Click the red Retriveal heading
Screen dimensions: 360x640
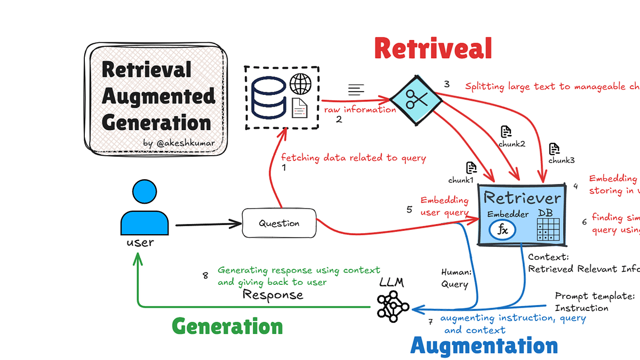pos(433,49)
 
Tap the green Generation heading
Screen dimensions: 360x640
pos(227,326)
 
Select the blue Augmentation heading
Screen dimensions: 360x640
pos(484,346)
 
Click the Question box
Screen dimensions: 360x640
pos(279,223)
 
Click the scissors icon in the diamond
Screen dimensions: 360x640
pos(414,98)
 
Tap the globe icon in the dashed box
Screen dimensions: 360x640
pos(300,84)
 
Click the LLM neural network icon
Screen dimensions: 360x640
pos(393,306)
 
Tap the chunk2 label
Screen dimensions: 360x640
pos(511,144)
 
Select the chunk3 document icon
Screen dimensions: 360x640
pos(555,149)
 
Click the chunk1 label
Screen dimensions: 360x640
pos(461,180)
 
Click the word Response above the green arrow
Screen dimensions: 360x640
pos(273,294)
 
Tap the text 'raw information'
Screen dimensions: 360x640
pos(360,109)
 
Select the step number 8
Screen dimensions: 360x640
pos(205,275)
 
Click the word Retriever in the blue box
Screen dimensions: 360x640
pos(522,198)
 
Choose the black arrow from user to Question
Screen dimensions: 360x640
pos(208,225)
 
